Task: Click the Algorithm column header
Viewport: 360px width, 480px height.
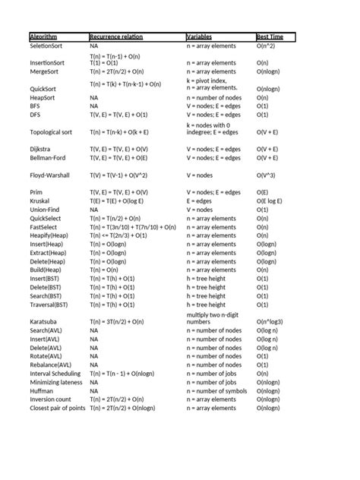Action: point(43,36)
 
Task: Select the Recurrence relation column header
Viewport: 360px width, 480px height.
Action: point(117,36)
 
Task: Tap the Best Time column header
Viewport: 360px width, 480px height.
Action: point(271,36)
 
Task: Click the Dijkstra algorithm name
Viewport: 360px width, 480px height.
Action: point(42,149)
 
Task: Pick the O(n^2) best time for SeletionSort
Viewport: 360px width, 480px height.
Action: point(270,46)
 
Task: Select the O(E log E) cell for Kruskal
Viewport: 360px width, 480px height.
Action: point(274,201)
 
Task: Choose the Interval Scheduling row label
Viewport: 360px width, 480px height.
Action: point(55,374)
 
